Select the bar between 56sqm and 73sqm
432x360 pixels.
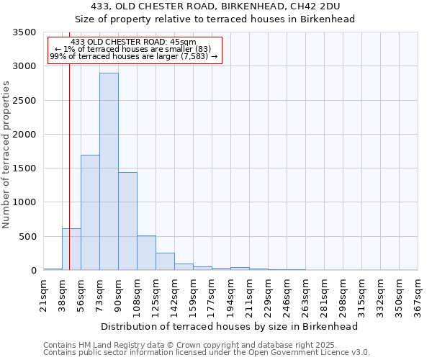(x=90, y=212)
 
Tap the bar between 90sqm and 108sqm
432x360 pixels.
(x=127, y=221)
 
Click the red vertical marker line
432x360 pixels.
(x=69, y=144)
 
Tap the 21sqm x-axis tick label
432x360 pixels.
(x=44, y=294)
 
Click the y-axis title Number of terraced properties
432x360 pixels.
(x=6, y=154)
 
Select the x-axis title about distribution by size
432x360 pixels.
(x=230, y=326)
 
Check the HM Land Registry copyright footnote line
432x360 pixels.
(x=194, y=345)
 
